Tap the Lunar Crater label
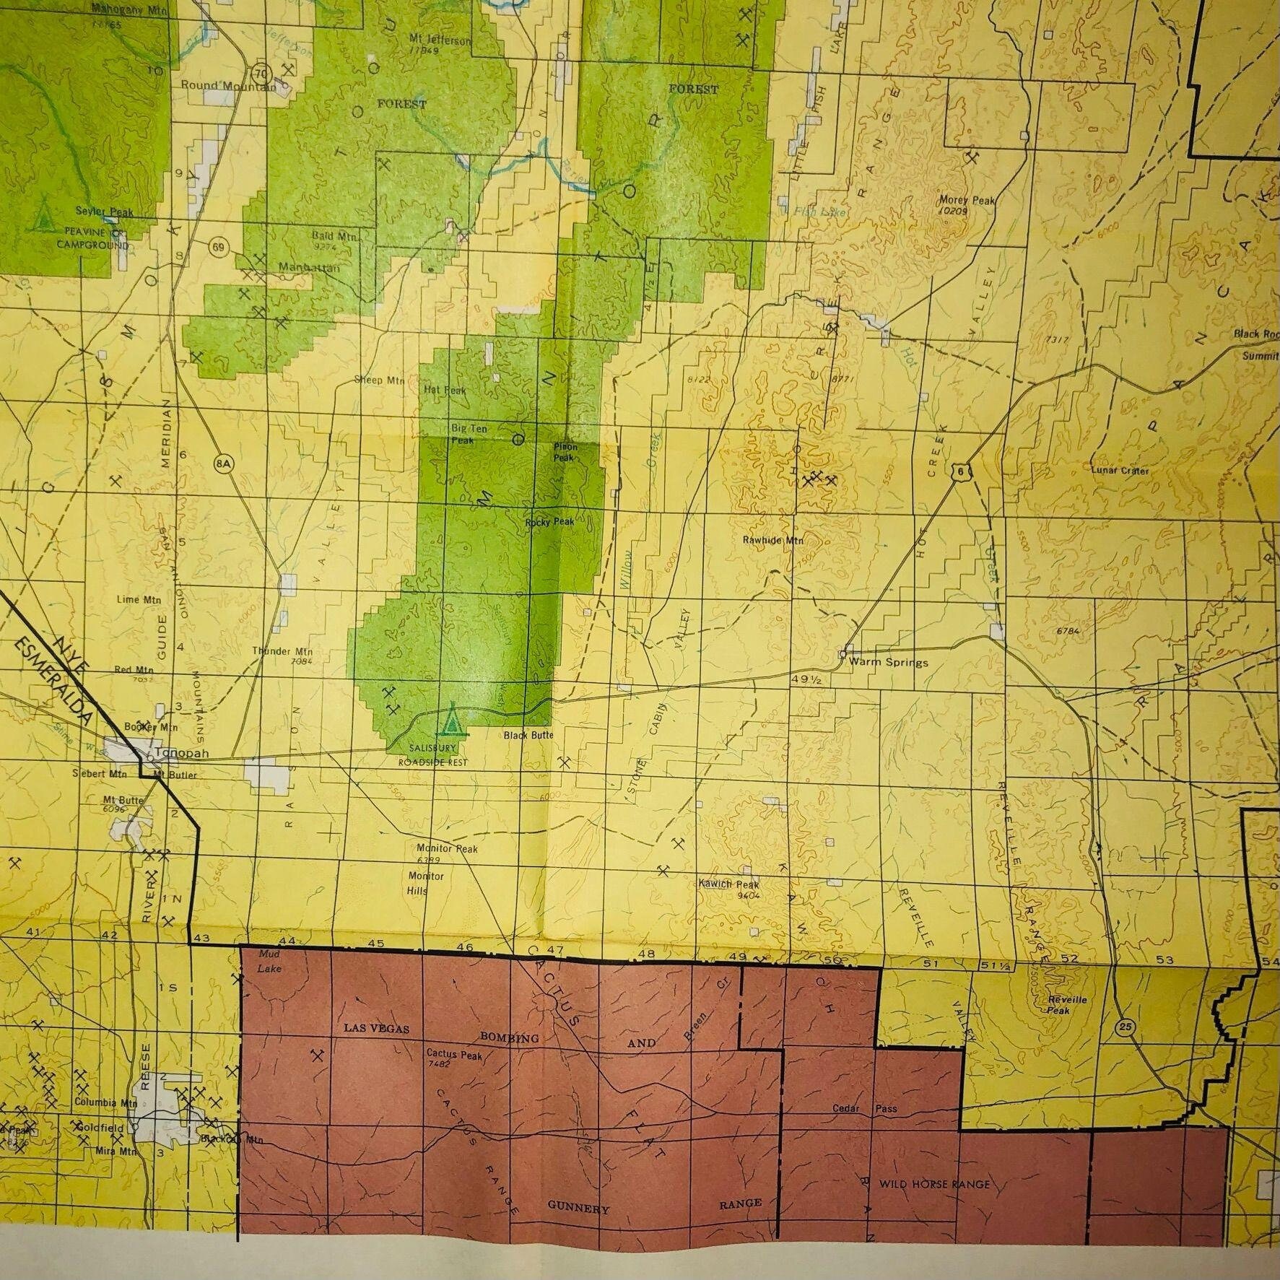click(x=1120, y=471)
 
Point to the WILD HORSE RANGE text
click(x=934, y=1185)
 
